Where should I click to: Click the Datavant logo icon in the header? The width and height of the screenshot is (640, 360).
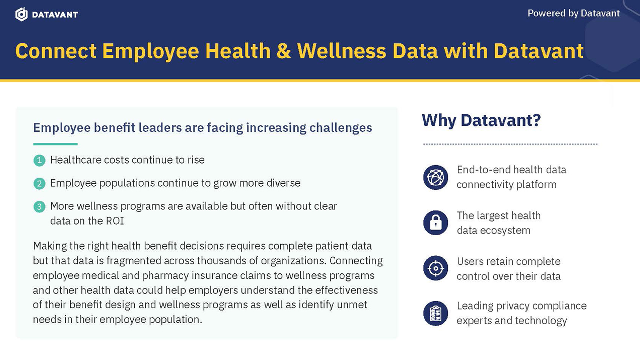[21, 14]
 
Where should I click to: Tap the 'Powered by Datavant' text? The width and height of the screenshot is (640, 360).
[573, 13]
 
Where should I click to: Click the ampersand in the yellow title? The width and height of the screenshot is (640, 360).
[284, 51]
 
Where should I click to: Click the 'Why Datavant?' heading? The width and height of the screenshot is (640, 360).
[481, 120]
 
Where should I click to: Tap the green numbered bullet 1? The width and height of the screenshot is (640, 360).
[39, 160]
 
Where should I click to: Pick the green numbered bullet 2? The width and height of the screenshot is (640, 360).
[39, 183]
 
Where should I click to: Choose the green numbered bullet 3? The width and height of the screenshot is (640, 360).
[39, 206]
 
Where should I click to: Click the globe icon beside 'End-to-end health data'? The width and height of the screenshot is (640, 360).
[436, 177]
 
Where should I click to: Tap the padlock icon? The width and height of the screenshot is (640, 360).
[436, 223]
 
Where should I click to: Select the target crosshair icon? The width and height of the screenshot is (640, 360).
[436, 269]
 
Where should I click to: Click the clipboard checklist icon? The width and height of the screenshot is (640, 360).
[436, 313]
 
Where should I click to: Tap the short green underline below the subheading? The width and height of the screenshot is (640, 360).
[55, 144]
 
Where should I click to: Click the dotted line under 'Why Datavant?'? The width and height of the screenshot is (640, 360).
[510, 144]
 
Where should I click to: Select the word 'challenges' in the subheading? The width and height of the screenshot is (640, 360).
[341, 128]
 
